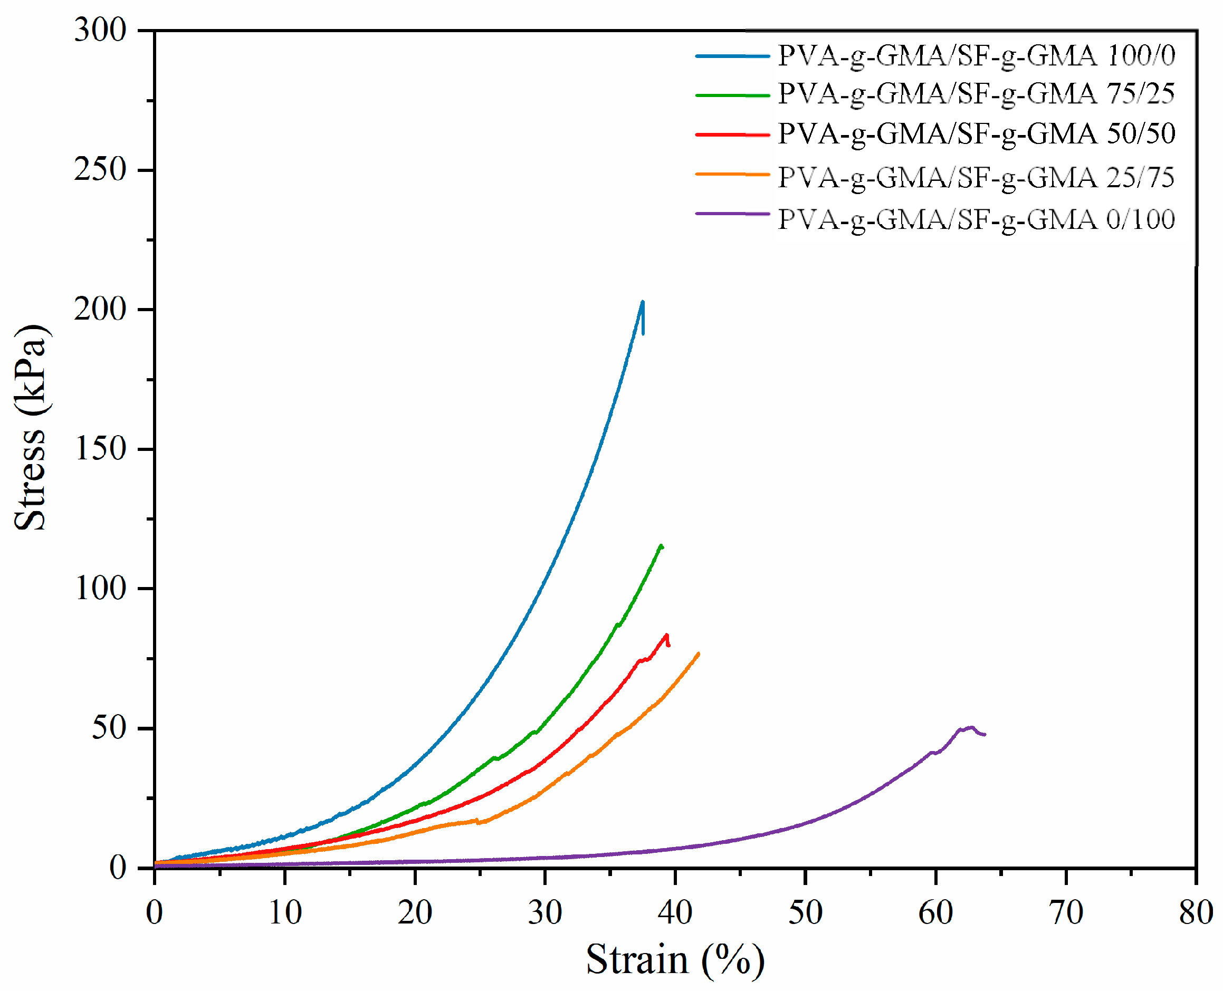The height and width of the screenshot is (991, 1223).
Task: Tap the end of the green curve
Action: pos(662,546)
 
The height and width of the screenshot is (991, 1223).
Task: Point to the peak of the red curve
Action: pos(666,636)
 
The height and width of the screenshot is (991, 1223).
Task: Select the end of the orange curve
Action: pos(698,653)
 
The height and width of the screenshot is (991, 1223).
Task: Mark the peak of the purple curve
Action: pos(972,727)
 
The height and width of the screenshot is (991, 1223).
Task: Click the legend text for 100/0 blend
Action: pos(977,56)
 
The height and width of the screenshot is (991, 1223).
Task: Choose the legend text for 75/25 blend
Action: pos(977,94)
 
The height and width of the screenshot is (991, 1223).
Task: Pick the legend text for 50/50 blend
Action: pos(977,134)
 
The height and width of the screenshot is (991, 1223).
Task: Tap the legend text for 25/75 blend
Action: pos(977,178)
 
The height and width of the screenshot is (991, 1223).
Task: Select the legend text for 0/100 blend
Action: pos(977,220)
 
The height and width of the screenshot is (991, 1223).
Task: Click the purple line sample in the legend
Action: pos(732,214)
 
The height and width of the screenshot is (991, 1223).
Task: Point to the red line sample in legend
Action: pos(732,134)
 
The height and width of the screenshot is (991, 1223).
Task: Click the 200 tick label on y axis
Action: pos(100,310)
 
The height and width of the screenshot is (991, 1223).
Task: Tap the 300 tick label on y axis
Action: pos(100,30)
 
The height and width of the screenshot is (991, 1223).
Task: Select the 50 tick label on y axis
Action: pos(109,728)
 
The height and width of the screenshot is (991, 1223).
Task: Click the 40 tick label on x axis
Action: pos(675,912)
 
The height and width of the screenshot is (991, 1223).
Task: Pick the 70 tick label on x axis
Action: pos(1065,912)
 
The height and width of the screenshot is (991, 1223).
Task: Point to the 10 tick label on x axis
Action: pos(284,912)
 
